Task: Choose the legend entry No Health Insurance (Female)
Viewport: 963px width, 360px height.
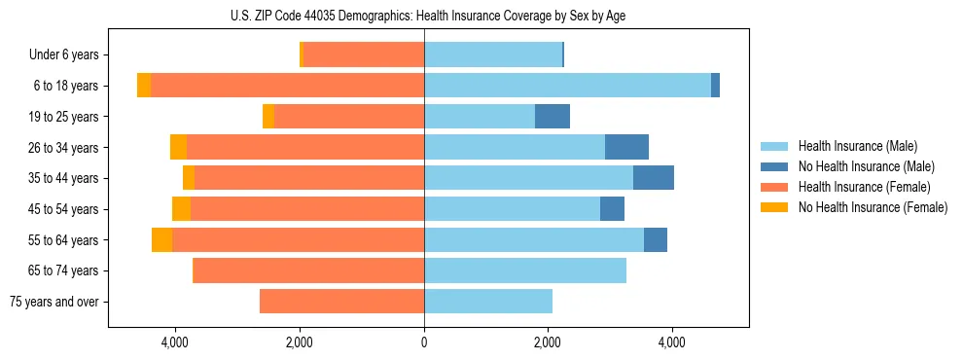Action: click(873, 207)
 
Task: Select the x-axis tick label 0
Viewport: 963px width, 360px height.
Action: click(424, 342)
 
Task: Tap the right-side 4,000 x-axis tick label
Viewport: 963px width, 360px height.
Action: click(672, 342)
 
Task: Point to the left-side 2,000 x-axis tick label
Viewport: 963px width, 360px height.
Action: click(300, 342)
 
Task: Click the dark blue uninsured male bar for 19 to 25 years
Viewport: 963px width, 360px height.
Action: click(553, 117)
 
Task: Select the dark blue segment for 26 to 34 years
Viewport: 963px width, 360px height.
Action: click(626, 147)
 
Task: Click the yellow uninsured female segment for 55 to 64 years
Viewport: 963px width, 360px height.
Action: click(161, 239)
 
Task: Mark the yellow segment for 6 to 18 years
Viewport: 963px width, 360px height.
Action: click(144, 86)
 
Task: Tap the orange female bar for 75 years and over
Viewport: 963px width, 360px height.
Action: click(341, 302)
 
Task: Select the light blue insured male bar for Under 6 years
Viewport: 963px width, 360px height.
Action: click(493, 55)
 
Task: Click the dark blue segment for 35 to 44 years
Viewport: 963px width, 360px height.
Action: click(654, 178)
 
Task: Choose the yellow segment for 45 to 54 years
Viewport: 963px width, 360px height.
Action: click(181, 209)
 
